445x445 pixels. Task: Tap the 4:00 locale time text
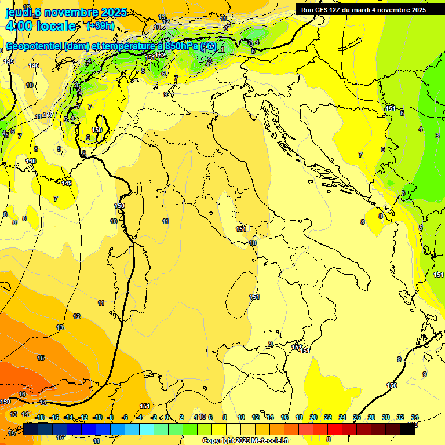click(40, 26)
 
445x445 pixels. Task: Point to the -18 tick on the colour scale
click(39, 417)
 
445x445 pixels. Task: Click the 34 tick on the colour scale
click(415, 417)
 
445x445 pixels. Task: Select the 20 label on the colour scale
click(313, 417)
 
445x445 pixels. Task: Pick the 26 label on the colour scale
click(356, 417)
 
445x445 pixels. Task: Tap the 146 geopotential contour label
click(34, 65)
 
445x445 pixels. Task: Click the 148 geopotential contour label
click(31, 161)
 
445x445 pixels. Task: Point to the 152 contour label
click(161, 55)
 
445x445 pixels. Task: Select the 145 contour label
click(9, 61)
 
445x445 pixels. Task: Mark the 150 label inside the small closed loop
click(97, 130)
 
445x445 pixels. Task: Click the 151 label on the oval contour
click(254, 297)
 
